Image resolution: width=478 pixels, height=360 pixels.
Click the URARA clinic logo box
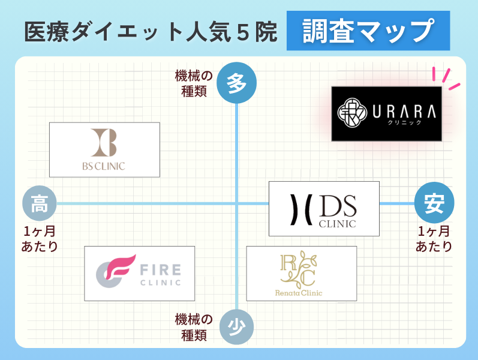tap(387, 114)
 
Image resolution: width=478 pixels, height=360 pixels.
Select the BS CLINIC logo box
tap(104, 150)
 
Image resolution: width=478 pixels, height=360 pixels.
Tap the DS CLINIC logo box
tap(324, 209)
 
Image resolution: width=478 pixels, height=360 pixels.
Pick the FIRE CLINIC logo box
tap(140, 274)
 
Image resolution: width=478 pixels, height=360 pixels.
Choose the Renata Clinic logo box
tap(302, 274)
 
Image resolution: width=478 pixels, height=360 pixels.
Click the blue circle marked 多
tap(236, 83)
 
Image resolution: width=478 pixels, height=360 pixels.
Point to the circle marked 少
tap(236, 328)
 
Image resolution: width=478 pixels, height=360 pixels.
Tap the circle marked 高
tap(40, 203)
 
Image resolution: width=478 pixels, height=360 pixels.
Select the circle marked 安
tap(434, 203)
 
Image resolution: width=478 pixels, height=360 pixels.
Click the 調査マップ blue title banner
tap(368, 31)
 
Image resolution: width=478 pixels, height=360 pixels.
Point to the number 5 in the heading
tap(243, 32)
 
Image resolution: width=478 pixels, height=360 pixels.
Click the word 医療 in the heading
tap(47, 32)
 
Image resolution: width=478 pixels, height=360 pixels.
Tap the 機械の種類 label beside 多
tap(194, 83)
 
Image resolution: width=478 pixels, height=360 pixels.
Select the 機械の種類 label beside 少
tap(194, 328)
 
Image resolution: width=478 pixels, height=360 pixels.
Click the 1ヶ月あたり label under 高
tap(40, 239)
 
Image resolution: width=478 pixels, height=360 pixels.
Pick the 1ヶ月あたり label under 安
tap(434, 239)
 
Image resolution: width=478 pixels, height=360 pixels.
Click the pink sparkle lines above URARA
tap(446, 79)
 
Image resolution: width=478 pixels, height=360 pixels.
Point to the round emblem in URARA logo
tap(352, 113)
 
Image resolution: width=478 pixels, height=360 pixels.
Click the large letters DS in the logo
tap(338, 206)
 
